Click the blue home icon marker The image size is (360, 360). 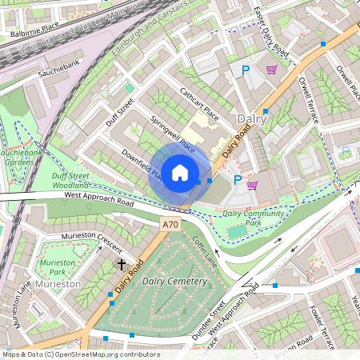point(180,172)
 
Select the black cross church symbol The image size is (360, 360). point(122,263)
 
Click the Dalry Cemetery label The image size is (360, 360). point(174,282)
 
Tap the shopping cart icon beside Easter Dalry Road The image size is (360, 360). point(271,70)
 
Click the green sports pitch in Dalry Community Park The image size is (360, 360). point(238,231)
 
